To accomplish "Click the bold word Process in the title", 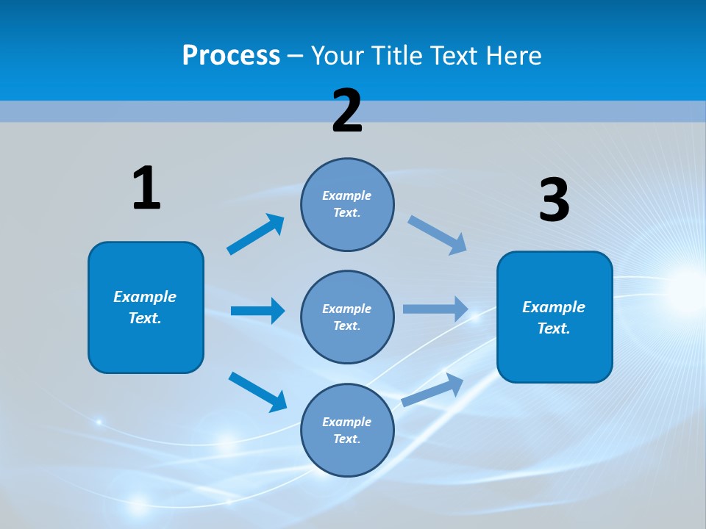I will tap(231, 56).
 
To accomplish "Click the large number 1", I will tap(146, 189).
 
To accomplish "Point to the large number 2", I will tap(347, 111).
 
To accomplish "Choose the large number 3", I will tap(554, 201).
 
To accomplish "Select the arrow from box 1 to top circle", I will tap(256, 234).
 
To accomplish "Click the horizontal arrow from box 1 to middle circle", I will tap(257, 311).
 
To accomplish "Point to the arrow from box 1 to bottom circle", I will tap(257, 391).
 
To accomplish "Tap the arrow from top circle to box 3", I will tap(438, 235).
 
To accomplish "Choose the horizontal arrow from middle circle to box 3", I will tap(435, 309).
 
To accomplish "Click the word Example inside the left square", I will tap(145, 297).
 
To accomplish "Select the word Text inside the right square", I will tap(553, 328).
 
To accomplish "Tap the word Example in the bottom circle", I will tap(346, 422).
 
